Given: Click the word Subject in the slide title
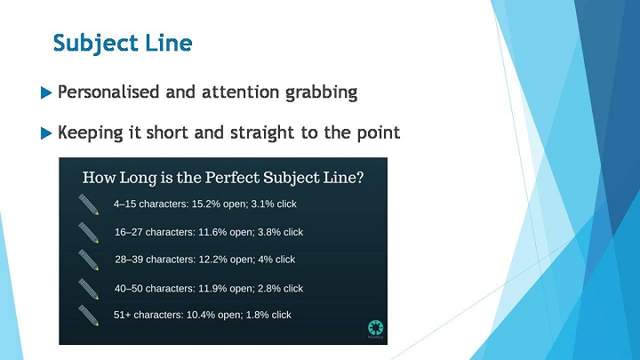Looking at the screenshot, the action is (x=96, y=44).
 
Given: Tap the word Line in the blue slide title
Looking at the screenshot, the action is (x=169, y=43).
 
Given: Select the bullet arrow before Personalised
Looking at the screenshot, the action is (x=46, y=92).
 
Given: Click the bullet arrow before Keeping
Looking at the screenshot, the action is (x=46, y=133).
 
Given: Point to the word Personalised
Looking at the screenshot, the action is (x=108, y=92).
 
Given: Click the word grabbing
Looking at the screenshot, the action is (x=321, y=93).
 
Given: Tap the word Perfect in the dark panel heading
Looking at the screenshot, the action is (x=232, y=178).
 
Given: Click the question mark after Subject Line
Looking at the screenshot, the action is (x=360, y=178).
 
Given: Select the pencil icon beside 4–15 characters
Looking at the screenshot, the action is (x=89, y=204).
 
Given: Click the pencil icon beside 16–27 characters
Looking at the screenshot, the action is (x=89, y=233).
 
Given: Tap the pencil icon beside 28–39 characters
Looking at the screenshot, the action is (x=89, y=260).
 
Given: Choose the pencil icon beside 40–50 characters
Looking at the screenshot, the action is (x=89, y=289).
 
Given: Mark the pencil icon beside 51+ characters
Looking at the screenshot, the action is (x=89, y=316).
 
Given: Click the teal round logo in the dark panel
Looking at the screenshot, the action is (x=375, y=328).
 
